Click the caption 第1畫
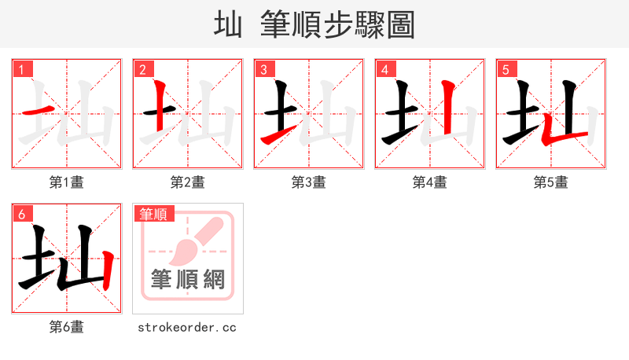[67, 182]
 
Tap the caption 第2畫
[188, 182]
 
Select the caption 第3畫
[309, 182]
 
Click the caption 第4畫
[430, 182]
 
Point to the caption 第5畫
[551, 182]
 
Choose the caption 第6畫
[67, 327]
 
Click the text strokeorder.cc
[187, 327]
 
